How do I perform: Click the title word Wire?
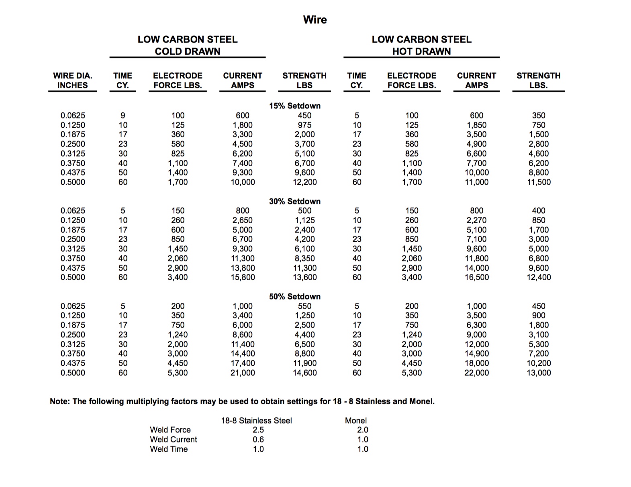[315, 20]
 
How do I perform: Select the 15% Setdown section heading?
[295, 106]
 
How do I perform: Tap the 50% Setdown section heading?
[295, 297]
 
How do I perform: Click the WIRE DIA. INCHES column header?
[73, 80]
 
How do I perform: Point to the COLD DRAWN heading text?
[188, 51]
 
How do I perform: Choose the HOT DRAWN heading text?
[421, 51]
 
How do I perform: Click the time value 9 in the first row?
[123, 116]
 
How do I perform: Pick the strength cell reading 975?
[304, 125]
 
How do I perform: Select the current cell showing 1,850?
[476, 125]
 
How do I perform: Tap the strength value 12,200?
[304, 182]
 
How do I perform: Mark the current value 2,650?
[243, 220]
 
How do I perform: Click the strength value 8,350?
[304, 259]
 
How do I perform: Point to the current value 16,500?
[476, 277]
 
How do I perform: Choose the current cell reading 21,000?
[243, 373]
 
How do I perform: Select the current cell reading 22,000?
[476, 373]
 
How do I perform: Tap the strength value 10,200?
[539, 363]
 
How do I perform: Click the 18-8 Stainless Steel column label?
[256, 421]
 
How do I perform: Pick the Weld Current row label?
[174, 440]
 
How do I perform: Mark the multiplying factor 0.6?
[258, 440]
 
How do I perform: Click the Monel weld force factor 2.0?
[363, 430]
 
